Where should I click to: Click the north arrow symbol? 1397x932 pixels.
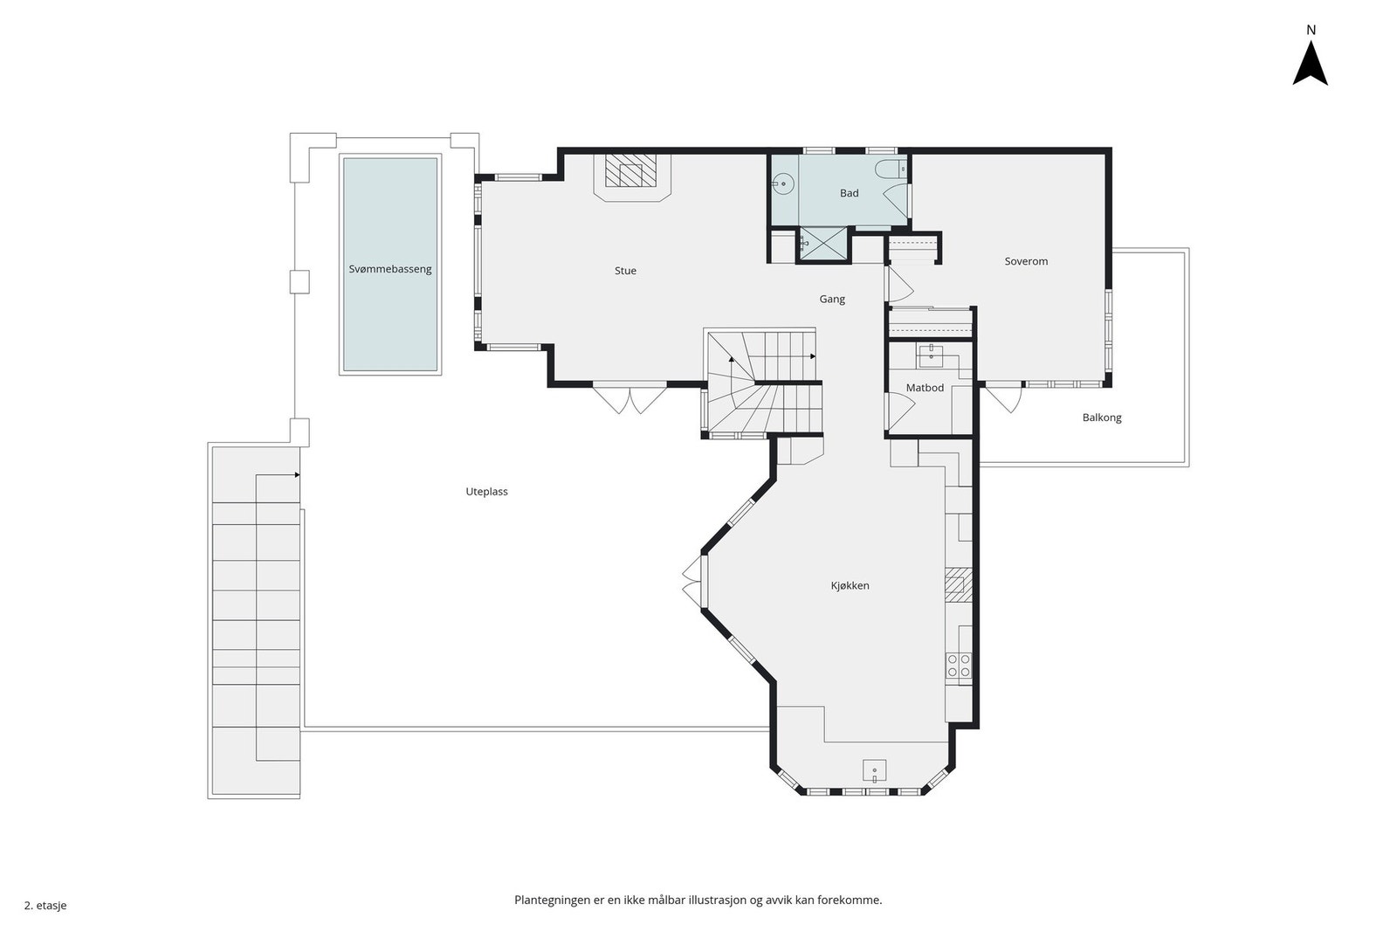(1311, 63)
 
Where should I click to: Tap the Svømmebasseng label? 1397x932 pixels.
(390, 269)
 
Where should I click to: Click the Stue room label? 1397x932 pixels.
(625, 270)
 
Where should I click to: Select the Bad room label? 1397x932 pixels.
(850, 193)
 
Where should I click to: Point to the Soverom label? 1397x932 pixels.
(1026, 261)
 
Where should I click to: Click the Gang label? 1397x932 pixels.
(832, 299)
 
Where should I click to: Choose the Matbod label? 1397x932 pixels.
(925, 388)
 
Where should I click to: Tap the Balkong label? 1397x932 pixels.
(1102, 418)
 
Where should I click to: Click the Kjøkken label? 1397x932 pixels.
(850, 585)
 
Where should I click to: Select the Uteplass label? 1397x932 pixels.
(486, 492)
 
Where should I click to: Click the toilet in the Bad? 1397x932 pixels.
(891, 169)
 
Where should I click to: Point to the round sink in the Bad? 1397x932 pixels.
(782, 184)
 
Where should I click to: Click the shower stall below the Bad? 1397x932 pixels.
(823, 244)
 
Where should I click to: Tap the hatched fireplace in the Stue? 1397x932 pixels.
(631, 170)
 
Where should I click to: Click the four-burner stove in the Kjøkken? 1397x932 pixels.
(959, 666)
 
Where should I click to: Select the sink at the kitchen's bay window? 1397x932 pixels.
(874, 770)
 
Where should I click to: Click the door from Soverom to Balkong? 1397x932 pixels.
(1003, 397)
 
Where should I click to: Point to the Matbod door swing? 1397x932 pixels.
(900, 407)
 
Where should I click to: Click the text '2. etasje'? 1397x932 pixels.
(45, 905)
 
